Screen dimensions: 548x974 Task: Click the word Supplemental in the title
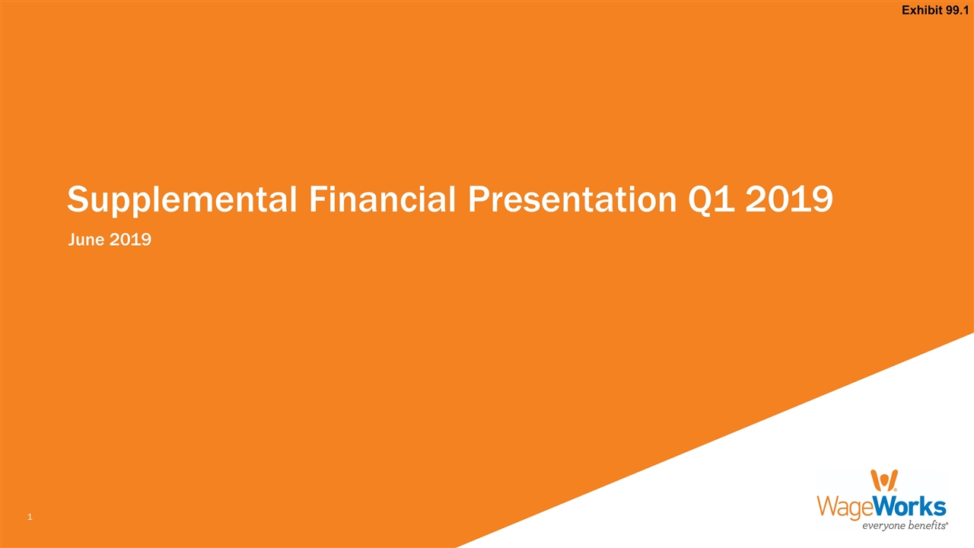pyautogui.click(x=182, y=200)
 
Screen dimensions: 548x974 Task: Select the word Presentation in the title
pyautogui.click(x=571, y=199)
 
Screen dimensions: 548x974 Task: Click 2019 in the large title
pyautogui.click(x=790, y=199)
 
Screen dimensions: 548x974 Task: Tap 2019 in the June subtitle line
pyautogui.click(x=129, y=240)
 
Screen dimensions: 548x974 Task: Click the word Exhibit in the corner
pyautogui.click(x=923, y=10)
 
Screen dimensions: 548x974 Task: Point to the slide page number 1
pyautogui.click(x=29, y=518)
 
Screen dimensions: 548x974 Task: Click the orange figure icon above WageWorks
pyautogui.click(x=883, y=480)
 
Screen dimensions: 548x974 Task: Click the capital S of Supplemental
pyautogui.click(x=78, y=199)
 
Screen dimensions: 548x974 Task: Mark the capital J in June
pyautogui.click(x=72, y=240)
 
